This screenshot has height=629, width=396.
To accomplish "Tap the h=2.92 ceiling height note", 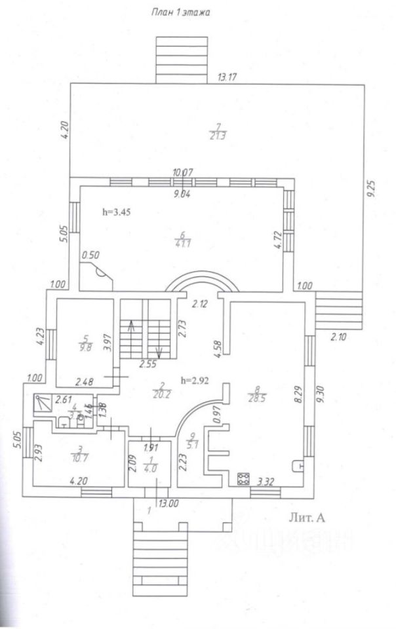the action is pyautogui.click(x=196, y=380).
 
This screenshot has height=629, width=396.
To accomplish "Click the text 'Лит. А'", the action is pyautogui.click(x=307, y=517).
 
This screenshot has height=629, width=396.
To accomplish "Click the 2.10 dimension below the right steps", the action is pyautogui.click(x=338, y=338).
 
